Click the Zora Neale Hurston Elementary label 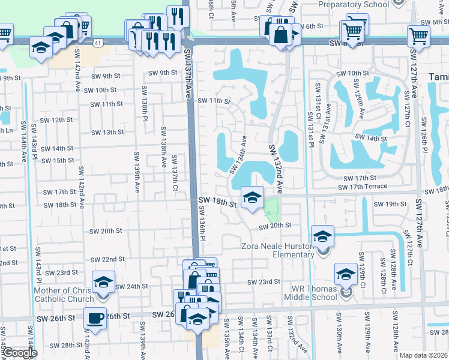277,250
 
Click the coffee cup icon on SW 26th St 95,318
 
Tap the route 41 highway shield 97,42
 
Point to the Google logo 19,353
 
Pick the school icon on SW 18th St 252,197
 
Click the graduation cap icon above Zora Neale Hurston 322,236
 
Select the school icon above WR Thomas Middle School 346,274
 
